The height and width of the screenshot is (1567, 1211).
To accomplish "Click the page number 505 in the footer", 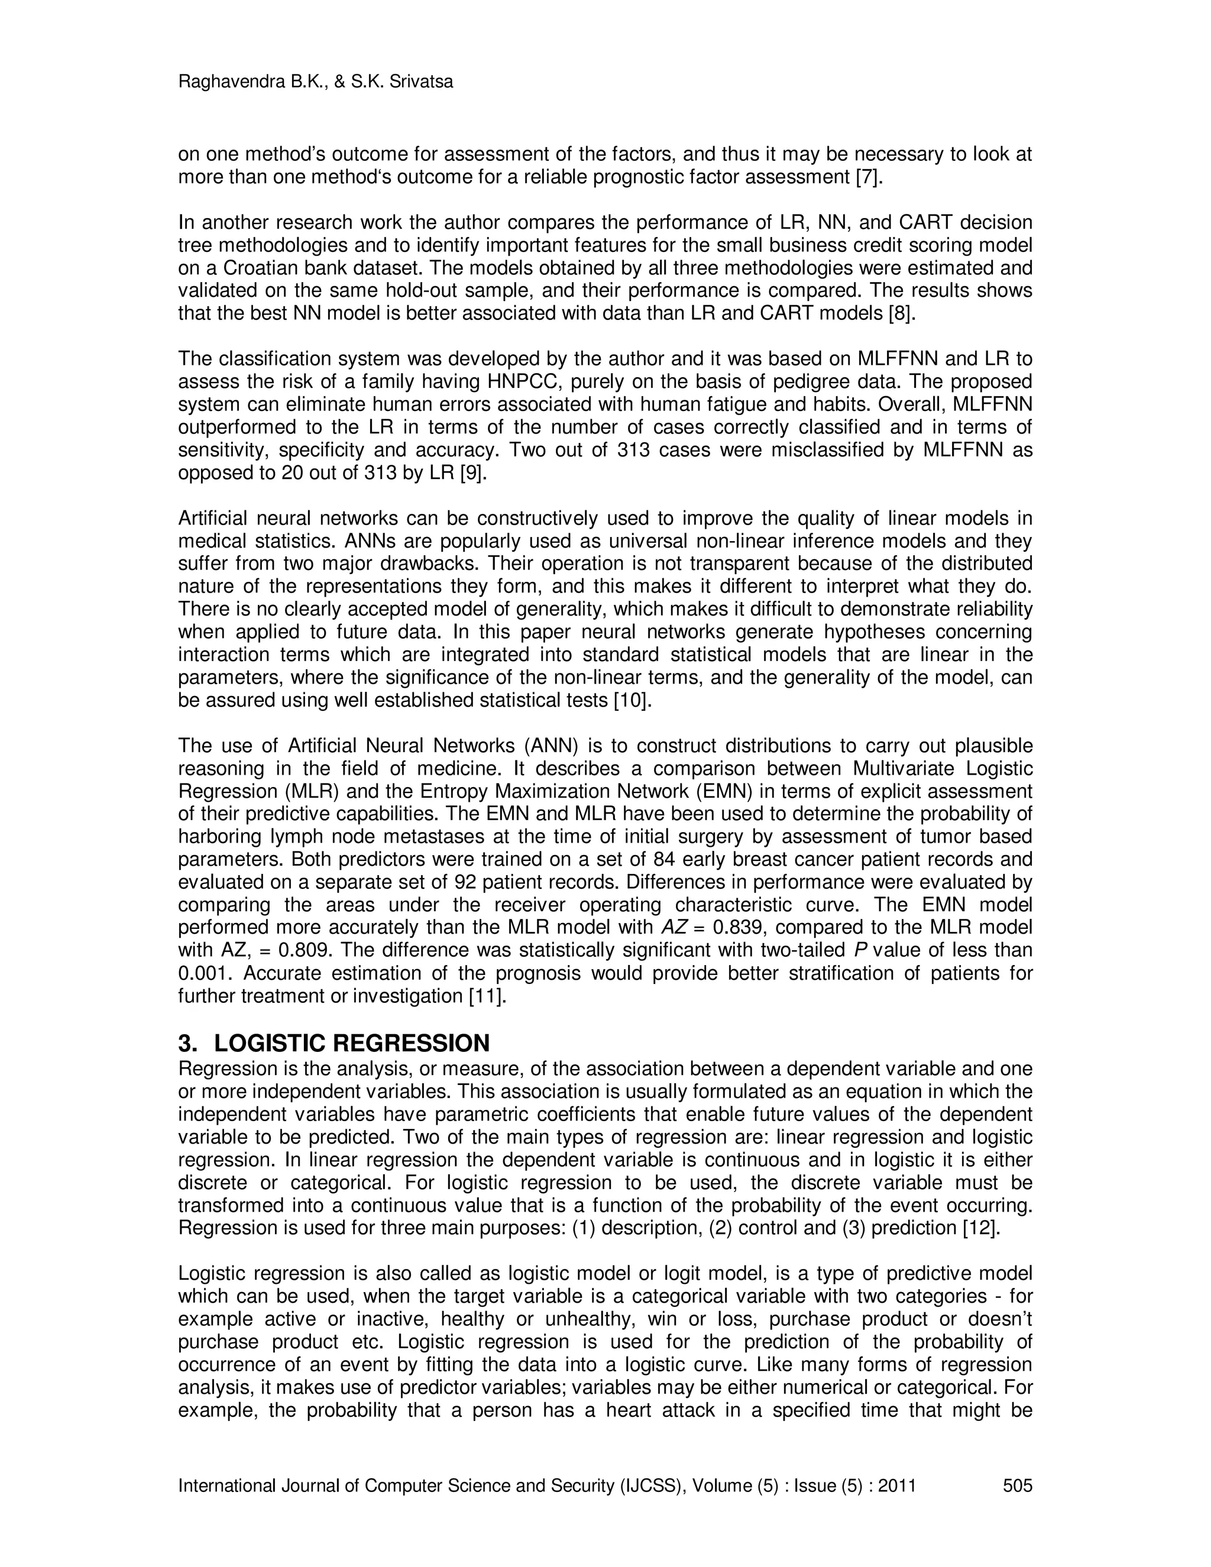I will pyautogui.click(x=1017, y=1485).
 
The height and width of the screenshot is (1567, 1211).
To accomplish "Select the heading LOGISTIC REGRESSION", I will pyautogui.click(x=352, y=1042).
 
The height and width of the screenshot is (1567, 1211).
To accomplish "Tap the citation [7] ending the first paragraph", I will pyautogui.click(x=869, y=176).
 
